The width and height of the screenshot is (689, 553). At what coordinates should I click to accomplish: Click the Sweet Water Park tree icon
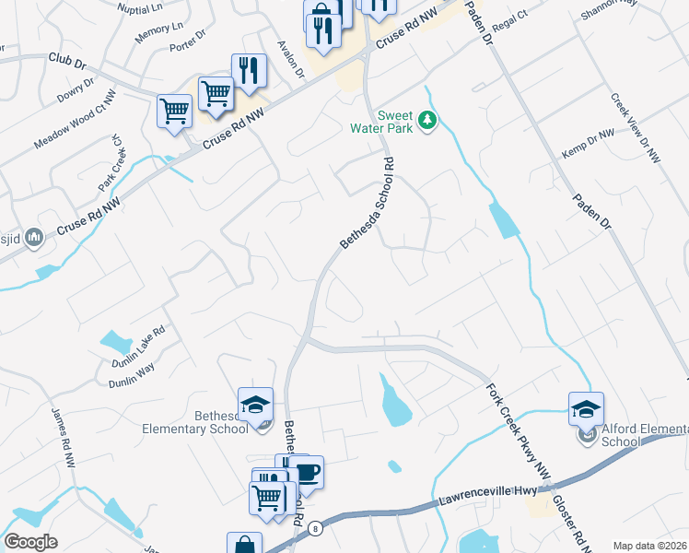[x=426, y=120]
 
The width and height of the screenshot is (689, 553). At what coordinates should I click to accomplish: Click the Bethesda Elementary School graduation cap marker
[x=255, y=404]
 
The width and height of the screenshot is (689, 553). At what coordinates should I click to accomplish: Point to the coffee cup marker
[x=308, y=473]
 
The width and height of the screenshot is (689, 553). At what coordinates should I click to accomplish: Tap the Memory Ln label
[x=152, y=34]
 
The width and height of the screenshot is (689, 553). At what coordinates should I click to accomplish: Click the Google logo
[x=30, y=541]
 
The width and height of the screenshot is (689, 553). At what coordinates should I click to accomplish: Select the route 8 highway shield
[x=315, y=528]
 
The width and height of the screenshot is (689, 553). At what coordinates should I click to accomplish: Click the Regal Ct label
[x=508, y=19]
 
